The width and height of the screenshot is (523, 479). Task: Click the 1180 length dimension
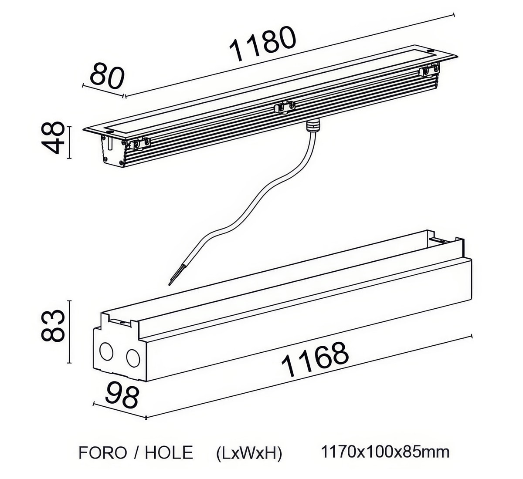(x=263, y=44)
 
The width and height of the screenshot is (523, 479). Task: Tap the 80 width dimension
(x=107, y=75)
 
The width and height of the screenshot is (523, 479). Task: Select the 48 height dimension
(x=53, y=138)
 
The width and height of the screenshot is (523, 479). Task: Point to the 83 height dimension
(x=53, y=325)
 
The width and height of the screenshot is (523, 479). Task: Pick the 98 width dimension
(x=122, y=395)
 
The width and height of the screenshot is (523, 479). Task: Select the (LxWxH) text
(x=249, y=453)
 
